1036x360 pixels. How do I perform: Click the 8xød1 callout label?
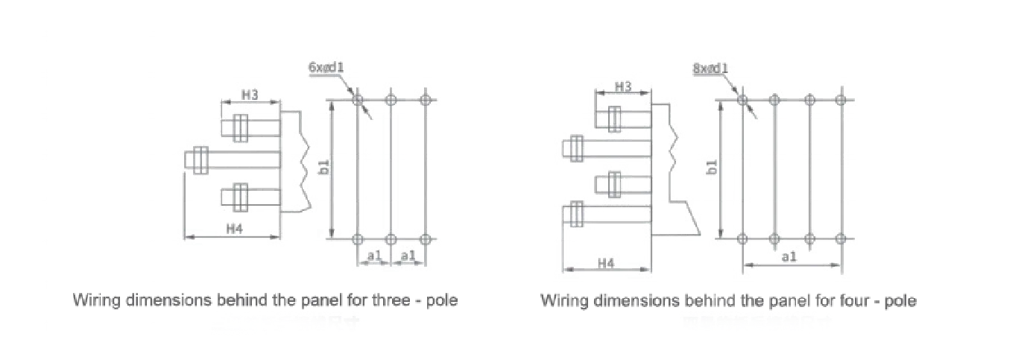710,69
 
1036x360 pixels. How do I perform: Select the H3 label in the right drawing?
623,87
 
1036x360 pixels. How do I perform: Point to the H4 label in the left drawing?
234,230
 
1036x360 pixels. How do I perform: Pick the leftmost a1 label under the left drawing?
374,256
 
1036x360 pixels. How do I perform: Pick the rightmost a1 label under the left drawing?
408,256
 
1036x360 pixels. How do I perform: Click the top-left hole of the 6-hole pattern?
357,98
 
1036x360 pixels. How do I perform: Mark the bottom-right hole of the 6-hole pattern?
425,239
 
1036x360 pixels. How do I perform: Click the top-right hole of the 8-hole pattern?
841,98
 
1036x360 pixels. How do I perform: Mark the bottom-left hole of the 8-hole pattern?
742,239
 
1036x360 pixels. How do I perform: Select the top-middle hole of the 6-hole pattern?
391,98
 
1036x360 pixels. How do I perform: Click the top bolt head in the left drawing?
239,127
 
